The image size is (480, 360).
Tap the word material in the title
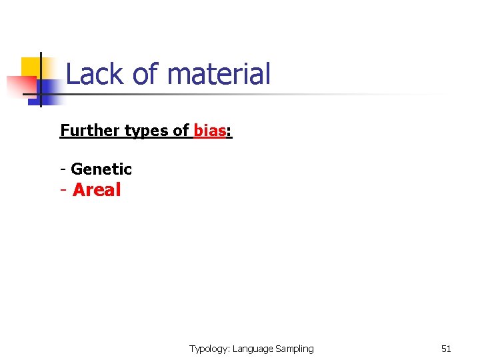tap(219, 74)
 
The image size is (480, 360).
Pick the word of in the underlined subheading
tap(181, 130)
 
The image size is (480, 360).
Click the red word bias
tap(209, 130)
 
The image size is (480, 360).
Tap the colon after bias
tap(229, 131)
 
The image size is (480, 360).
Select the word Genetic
tap(101, 169)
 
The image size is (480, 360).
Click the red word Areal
tap(97, 190)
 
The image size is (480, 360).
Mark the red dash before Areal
tap(63, 191)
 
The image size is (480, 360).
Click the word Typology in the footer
tap(209, 349)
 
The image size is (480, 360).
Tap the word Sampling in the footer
tap(294, 349)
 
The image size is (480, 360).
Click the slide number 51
tap(446, 349)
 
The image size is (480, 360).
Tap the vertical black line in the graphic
tap(41, 80)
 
